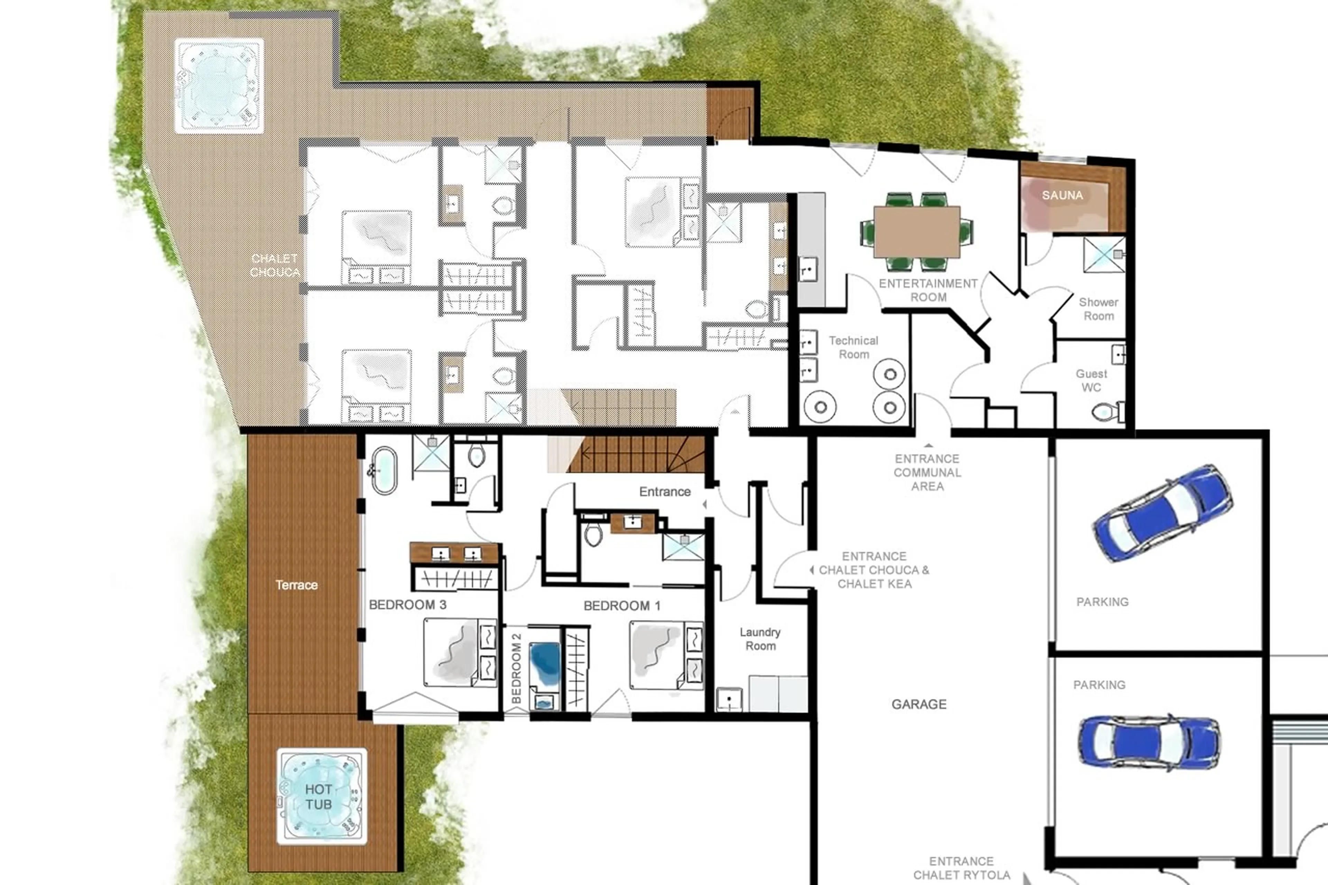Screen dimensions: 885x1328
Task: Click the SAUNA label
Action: tap(1062, 195)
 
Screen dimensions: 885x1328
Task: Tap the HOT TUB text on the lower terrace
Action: tap(319, 796)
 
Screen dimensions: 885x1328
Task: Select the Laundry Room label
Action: tap(760, 639)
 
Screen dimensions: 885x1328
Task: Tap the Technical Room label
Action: tap(854, 347)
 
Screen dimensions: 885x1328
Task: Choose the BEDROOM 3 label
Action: tap(407, 605)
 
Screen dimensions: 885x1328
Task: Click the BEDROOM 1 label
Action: tap(621, 606)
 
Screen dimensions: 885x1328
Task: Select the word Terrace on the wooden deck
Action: tap(296, 585)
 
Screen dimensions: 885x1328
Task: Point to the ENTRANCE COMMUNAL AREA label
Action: tap(927, 472)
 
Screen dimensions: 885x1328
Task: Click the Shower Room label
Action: tap(1098, 309)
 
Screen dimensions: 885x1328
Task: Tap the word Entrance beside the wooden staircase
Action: tap(665, 491)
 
